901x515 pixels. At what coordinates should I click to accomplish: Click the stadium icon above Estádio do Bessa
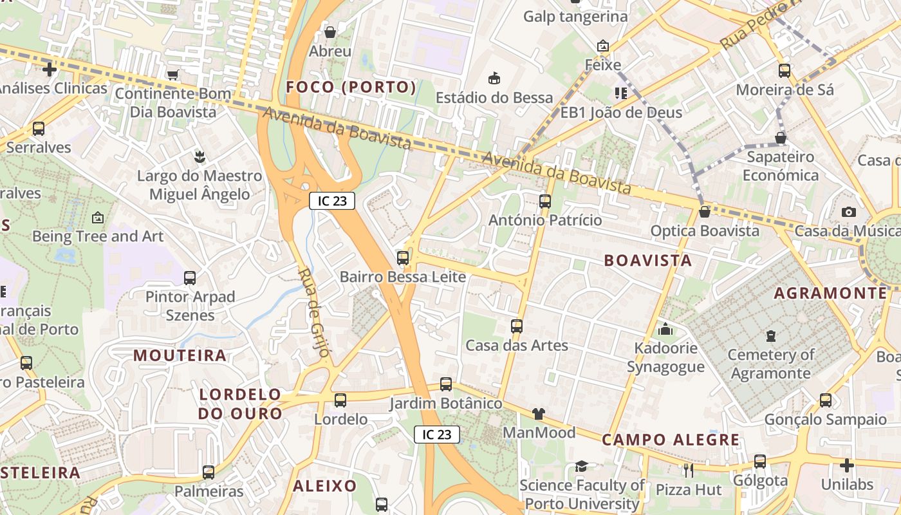coord(494,78)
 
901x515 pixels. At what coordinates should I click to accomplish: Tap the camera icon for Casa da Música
coord(849,212)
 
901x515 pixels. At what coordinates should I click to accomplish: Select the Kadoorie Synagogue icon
coord(665,330)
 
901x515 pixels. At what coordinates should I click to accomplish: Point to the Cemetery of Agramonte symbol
coord(770,335)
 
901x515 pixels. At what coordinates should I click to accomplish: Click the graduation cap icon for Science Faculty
coord(581,466)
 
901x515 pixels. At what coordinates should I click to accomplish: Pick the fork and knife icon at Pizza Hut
coord(688,471)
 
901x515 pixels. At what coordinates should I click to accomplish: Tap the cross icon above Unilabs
coord(847,465)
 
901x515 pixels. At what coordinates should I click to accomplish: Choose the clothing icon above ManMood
coord(538,413)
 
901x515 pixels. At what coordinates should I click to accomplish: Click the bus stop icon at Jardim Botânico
coord(446,384)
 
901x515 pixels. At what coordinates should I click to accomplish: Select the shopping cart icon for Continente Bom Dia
coord(172,75)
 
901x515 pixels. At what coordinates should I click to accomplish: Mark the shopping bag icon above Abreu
coord(330,32)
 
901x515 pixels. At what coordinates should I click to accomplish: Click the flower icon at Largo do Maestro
coord(200,156)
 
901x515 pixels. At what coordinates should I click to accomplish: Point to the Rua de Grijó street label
coord(314,313)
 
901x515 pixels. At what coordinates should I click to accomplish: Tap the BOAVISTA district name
coord(648,261)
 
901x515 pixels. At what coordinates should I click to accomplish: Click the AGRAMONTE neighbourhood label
coord(830,294)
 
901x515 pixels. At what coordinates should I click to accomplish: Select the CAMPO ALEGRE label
coord(671,440)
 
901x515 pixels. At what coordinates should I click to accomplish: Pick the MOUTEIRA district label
coord(180,355)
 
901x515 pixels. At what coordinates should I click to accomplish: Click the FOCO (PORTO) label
coord(351,87)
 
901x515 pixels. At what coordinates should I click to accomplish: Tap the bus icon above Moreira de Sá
coord(785,70)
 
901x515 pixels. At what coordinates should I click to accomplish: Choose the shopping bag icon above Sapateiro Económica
coord(781,138)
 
